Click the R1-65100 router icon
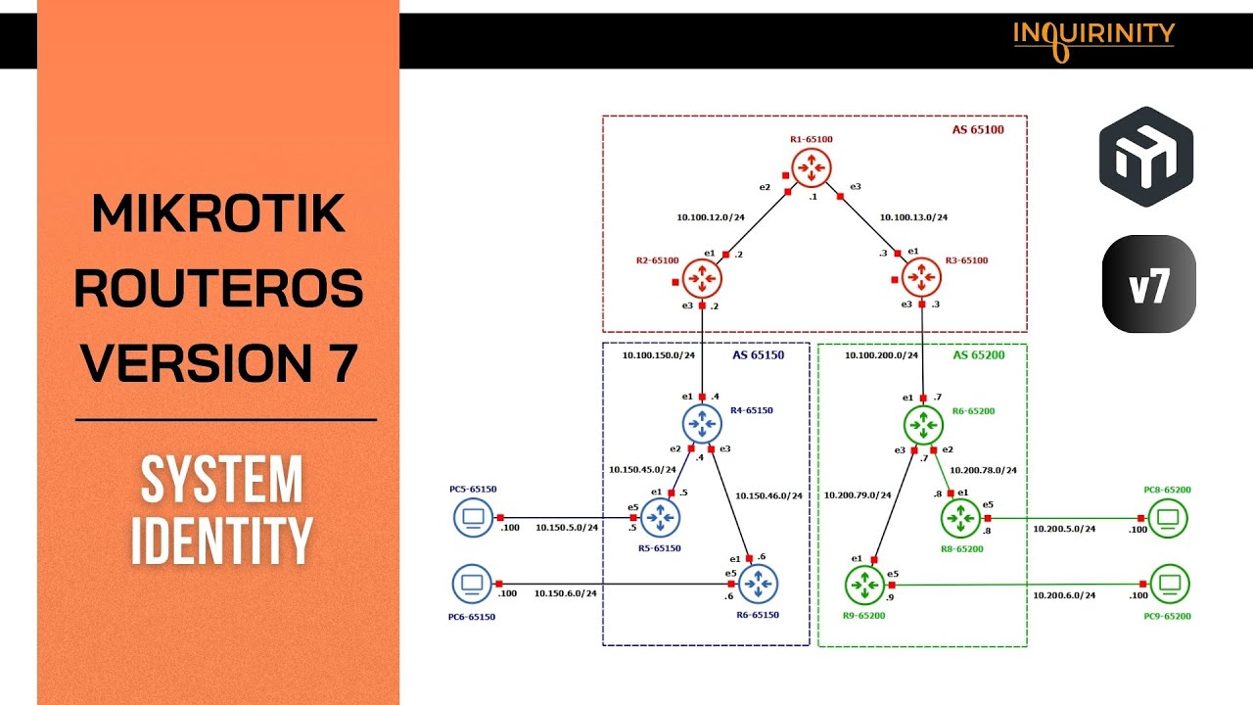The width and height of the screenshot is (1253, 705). click(x=811, y=168)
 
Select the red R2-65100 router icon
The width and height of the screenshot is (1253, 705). click(x=702, y=279)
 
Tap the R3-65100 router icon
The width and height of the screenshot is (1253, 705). click(x=920, y=279)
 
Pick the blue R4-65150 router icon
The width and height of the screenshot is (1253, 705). click(x=701, y=423)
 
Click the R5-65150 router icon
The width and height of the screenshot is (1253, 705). click(x=660, y=516)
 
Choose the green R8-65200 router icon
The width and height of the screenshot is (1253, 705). click(x=960, y=516)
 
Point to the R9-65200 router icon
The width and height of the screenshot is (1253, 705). click(x=863, y=586)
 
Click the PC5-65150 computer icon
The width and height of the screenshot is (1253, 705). click(x=473, y=517)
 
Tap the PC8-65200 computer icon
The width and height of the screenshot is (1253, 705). click(x=1168, y=517)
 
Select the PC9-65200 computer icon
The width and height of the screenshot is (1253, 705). click(x=1169, y=586)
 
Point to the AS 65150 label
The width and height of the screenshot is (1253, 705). click(x=758, y=355)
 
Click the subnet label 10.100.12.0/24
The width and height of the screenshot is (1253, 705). click(x=710, y=217)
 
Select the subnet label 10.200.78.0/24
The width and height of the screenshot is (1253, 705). click(x=983, y=470)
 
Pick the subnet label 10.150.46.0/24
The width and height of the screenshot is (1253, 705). click(x=768, y=495)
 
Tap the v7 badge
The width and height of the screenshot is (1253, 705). click(x=1148, y=284)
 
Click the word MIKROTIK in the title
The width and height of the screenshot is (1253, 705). click(x=219, y=214)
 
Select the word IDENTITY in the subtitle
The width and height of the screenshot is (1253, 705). click(x=221, y=540)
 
